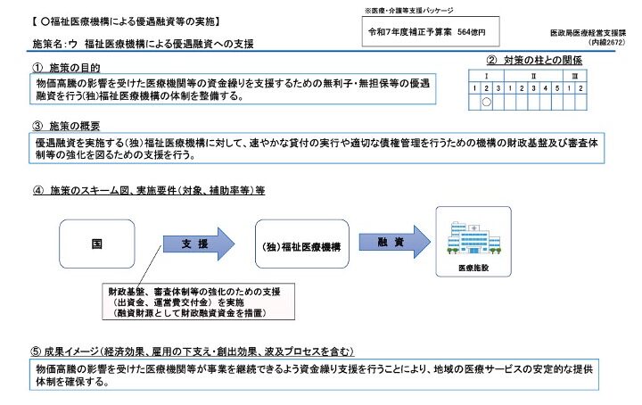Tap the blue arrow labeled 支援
coord(198,243)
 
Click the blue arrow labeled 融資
coord(391,242)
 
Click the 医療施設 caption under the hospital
coord(473,267)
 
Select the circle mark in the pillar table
coord(487,102)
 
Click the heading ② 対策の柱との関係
coord(532,61)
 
